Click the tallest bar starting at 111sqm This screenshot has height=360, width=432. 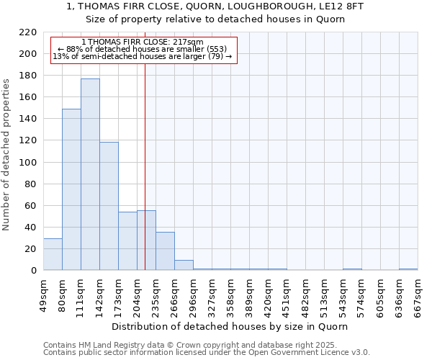90,174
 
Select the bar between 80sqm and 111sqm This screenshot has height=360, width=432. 71,189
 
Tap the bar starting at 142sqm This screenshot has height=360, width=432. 109,206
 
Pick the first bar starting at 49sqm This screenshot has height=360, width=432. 53,254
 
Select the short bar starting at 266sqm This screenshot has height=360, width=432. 184,265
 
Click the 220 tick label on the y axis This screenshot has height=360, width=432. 28,32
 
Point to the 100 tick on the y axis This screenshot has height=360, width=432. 28,162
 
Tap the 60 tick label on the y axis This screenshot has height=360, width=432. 31,206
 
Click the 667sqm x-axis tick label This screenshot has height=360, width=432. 418,297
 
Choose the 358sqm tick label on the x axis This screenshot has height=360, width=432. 230,297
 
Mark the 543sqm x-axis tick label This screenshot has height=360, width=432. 343,297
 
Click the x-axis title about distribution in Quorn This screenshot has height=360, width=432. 230,326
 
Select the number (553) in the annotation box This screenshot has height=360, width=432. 216,49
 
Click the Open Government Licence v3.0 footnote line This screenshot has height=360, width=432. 207,353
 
